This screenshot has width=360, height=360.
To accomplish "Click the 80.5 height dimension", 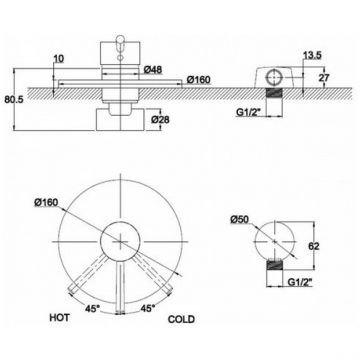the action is pos(12,100).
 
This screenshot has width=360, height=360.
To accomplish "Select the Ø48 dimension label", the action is pos(153,70).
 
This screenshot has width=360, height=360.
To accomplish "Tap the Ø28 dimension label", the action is pos(160,120).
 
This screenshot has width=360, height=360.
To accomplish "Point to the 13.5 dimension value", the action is pos(312,56).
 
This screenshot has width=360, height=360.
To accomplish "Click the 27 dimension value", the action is pos(324,78).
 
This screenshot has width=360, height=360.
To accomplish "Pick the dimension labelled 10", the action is pos(59,59).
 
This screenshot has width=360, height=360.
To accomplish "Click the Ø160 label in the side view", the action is pos(199,80).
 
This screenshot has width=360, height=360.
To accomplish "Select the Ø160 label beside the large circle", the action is pos(46,202).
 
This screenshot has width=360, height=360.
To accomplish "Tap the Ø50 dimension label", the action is pos(240,220).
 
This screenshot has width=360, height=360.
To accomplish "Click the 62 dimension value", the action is pos(314,246).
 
